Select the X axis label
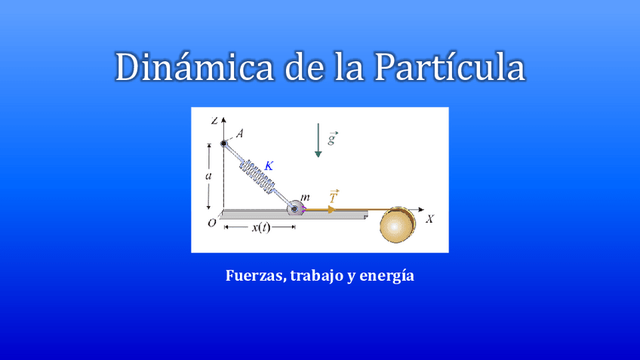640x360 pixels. click(x=429, y=219)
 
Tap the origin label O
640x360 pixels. click(x=212, y=223)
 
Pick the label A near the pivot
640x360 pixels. click(x=238, y=134)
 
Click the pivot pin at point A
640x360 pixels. click(x=224, y=143)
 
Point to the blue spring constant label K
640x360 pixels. click(x=269, y=165)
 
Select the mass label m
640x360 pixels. click(x=305, y=197)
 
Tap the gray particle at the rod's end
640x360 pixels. click(x=293, y=209)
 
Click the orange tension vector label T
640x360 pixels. click(x=334, y=196)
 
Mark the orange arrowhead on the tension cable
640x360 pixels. click(x=331, y=209)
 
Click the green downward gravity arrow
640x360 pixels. click(x=318, y=140)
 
